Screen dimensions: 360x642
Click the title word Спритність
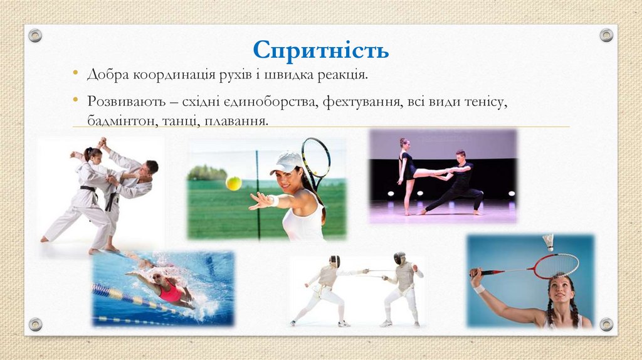pyautogui.click(x=321, y=50)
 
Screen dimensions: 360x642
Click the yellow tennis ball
pyautogui.click(x=233, y=183)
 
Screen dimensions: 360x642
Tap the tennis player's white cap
pyautogui.click(x=287, y=162)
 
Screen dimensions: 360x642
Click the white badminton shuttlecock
pyautogui.click(x=549, y=241)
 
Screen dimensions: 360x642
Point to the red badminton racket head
pyautogui.click(x=555, y=266)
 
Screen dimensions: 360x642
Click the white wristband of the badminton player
pyautogui.click(x=480, y=289)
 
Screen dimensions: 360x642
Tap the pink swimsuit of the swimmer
pyautogui.click(x=170, y=292)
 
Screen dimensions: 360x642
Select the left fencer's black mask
pyautogui.click(x=335, y=261)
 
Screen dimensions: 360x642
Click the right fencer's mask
pyautogui.click(x=399, y=258)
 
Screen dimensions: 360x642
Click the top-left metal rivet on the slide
pyautogui.click(x=35, y=35)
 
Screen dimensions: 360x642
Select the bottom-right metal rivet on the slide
pyautogui.click(x=606, y=324)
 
